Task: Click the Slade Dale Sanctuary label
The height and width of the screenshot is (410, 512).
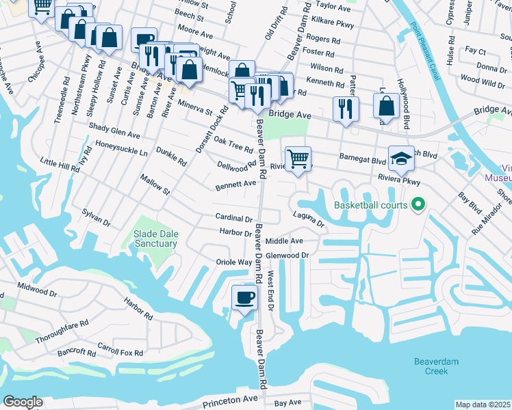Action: (x=155, y=238)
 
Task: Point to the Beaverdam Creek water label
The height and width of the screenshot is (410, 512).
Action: (x=431, y=366)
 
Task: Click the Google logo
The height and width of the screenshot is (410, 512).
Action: (x=23, y=402)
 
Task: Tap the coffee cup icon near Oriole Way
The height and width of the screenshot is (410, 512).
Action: (x=244, y=297)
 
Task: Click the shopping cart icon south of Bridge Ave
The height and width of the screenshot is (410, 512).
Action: (x=298, y=159)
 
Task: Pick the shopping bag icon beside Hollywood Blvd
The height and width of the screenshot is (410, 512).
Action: (x=386, y=106)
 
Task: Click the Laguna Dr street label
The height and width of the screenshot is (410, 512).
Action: (x=308, y=221)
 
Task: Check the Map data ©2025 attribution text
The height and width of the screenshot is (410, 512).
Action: (x=483, y=405)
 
